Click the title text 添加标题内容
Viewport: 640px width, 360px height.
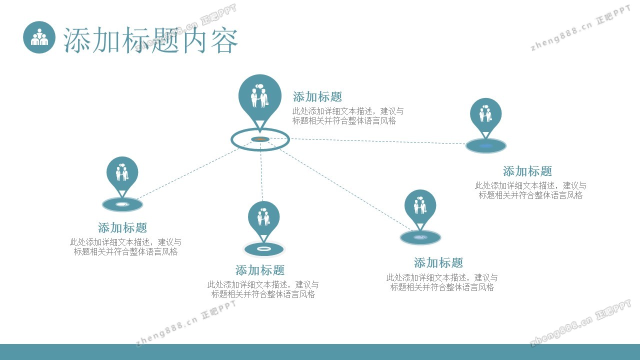click(x=150, y=40)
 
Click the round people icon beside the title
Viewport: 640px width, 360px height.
click(x=39, y=37)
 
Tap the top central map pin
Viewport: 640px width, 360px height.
click(x=260, y=95)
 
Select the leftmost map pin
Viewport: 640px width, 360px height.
click(x=122, y=173)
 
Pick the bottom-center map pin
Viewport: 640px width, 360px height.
click(x=263, y=217)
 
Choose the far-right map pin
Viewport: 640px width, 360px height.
click(x=485, y=114)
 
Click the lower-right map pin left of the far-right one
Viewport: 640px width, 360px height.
click(x=420, y=206)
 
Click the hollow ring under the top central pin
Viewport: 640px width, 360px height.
click(x=260, y=139)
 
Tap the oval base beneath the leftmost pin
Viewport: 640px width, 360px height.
click(x=122, y=204)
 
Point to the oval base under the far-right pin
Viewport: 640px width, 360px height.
click(x=485, y=145)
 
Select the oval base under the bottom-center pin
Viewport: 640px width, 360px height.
click(x=263, y=248)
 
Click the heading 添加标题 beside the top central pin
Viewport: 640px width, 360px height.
click(x=317, y=97)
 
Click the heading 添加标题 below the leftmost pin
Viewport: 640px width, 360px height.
click(x=122, y=228)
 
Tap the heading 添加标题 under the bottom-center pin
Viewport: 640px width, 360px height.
click(x=260, y=270)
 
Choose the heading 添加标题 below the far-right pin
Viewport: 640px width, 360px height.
click(x=527, y=171)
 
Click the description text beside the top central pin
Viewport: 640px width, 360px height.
click(x=348, y=116)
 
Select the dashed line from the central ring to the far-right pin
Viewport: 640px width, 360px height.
click(x=375, y=141)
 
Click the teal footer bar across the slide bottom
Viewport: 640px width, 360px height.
click(x=320, y=352)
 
